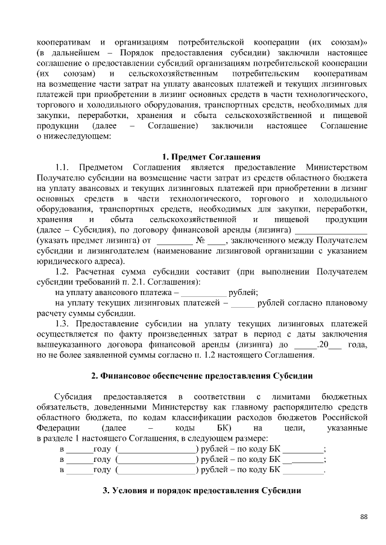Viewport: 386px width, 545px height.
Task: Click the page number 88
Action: click(364, 517)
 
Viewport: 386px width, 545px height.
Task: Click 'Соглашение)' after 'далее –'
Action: click(176, 126)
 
